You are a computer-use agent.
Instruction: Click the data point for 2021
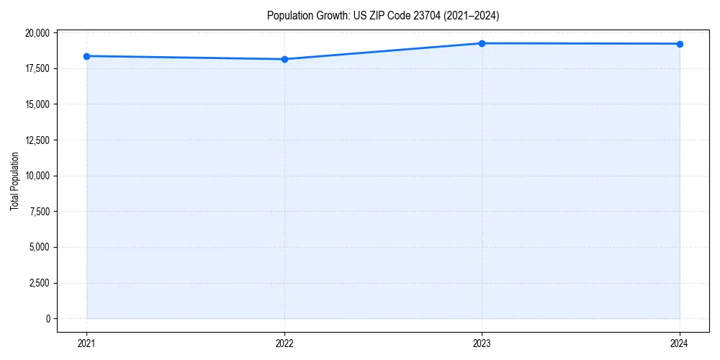pos(86,56)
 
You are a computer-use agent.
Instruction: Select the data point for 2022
pos(284,59)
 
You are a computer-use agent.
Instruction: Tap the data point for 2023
pos(482,43)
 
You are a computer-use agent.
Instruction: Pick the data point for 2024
pos(680,44)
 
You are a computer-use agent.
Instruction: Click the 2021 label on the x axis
pos(86,343)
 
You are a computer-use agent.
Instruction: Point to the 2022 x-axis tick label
pos(284,343)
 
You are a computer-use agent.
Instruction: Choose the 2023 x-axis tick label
pos(482,343)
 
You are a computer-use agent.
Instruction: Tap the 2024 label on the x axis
pos(680,343)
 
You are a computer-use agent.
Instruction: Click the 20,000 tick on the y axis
pos(37,33)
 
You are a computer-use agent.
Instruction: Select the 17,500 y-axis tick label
pos(37,68)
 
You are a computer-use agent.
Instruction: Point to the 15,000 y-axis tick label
pos(37,104)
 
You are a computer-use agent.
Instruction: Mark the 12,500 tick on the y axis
pos(37,140)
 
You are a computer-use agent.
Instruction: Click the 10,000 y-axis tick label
pos(37,176)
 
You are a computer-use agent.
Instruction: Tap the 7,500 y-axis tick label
pos(39,212)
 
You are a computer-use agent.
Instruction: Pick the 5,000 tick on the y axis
pos(39,247)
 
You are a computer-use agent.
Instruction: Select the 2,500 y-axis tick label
pos(39,283)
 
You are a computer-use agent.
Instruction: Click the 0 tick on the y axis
pos(48,318)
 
